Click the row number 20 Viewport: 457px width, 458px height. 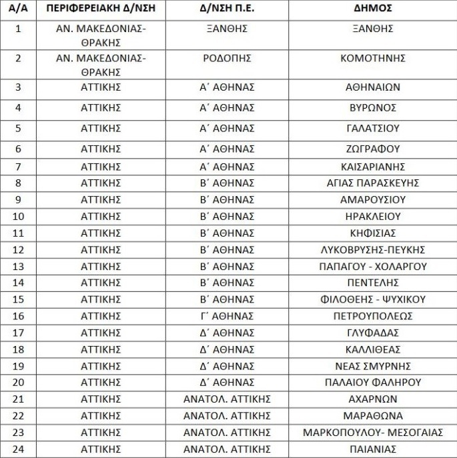[x=17, y=382]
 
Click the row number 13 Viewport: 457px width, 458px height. [x=17, y=266]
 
